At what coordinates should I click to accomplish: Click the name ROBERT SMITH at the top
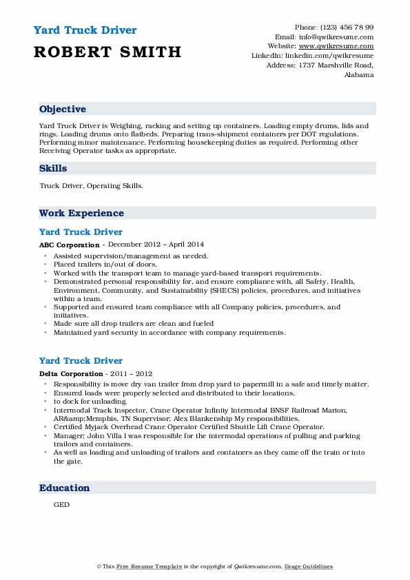click(x=107, y=52)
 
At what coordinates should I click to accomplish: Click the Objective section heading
click(x=63, y=110)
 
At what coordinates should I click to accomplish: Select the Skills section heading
click(x=53, y=168)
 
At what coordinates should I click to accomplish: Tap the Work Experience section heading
click(x=81, y=214)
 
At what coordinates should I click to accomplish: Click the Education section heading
click(x=64, y=488)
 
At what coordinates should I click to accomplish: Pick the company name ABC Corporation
click(x=70, y=245)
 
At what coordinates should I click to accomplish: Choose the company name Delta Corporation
click(x=72, y=373)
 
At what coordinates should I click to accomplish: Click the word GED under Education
click(x=61, y=504)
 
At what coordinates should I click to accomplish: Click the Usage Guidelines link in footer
click(x=309, y=566)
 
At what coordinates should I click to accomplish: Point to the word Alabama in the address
click(x=359, y=74)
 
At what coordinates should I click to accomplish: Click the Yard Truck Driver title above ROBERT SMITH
click(x=85, y=30)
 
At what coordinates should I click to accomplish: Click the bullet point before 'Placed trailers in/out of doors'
click(x=45, y=265)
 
